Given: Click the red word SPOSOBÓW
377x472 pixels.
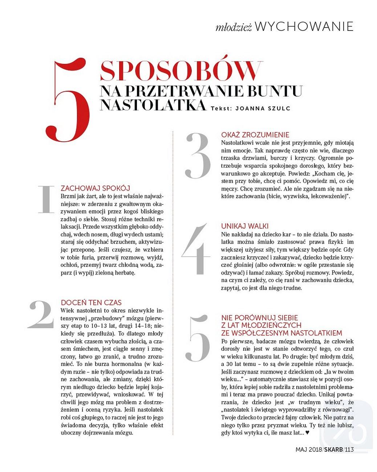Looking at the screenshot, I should coord(181,71).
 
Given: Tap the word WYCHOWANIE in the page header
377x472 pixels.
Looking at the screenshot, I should coord(304,27).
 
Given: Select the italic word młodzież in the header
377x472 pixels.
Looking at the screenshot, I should coord(233,28).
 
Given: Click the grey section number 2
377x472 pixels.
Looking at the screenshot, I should coord(41,314).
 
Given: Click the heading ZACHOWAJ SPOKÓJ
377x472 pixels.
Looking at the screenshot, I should coord(95,188).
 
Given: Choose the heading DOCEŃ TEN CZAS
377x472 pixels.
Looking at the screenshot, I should coord(91,302).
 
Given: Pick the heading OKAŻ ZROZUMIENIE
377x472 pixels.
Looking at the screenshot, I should coord(255,135).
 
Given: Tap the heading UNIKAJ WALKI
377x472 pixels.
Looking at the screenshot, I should coord(245,226).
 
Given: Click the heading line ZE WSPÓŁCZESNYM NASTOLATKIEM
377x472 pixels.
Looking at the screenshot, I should coord(281,333).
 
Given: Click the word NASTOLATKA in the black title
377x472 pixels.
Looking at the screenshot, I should coord(153,105).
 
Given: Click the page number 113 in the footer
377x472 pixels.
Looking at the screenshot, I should coord(349,449).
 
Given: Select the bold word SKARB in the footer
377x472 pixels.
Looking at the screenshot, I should coord(333,449).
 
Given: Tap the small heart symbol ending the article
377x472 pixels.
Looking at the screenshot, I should coord(307,432).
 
